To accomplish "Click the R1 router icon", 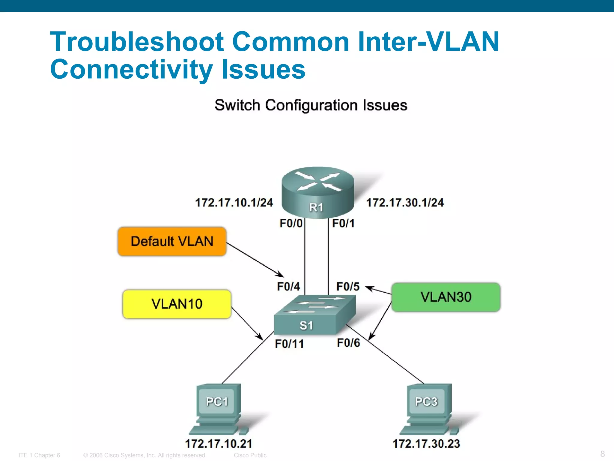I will tap(318, 192).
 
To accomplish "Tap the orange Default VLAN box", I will tap(172, 241).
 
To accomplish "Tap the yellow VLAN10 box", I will tap(177, 304).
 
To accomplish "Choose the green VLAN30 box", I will tap(446, 297).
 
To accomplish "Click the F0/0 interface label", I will tap(291, 223).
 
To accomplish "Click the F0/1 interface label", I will tap(343, 223).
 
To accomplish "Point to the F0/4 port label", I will tap(288, 286).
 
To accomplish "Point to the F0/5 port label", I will tap(348, 286).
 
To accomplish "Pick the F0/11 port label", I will tap(289, 344).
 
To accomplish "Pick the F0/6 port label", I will tap(348, 343).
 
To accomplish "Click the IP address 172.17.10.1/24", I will tap(234, 203).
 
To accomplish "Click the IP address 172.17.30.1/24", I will tap(405, 203).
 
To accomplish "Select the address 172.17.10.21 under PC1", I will tap(219, 444).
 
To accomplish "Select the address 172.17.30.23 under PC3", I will tap(426, 444).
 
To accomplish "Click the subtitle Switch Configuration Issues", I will tap(311, 105).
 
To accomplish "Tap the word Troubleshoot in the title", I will tap(137, 42).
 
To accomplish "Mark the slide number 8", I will tap(603, 453).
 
